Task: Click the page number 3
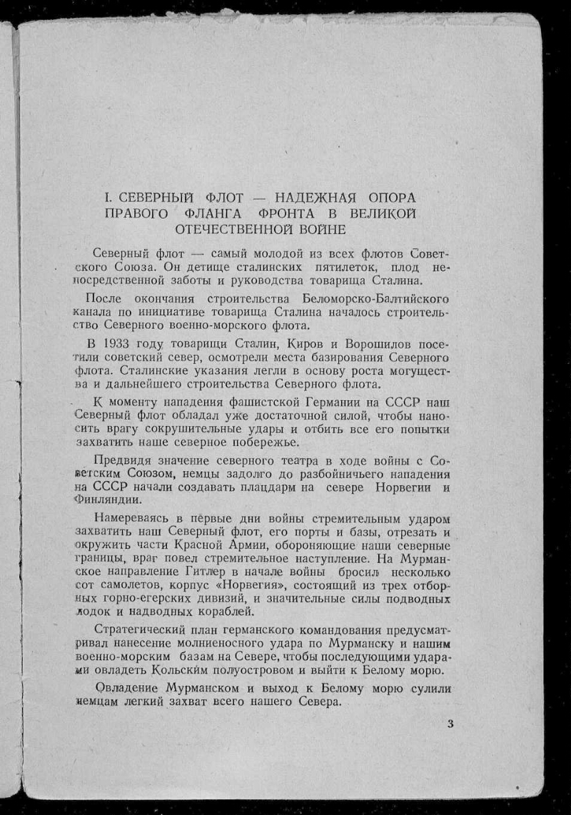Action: click(450, 724)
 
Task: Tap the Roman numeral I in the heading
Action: click(106, 197)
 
